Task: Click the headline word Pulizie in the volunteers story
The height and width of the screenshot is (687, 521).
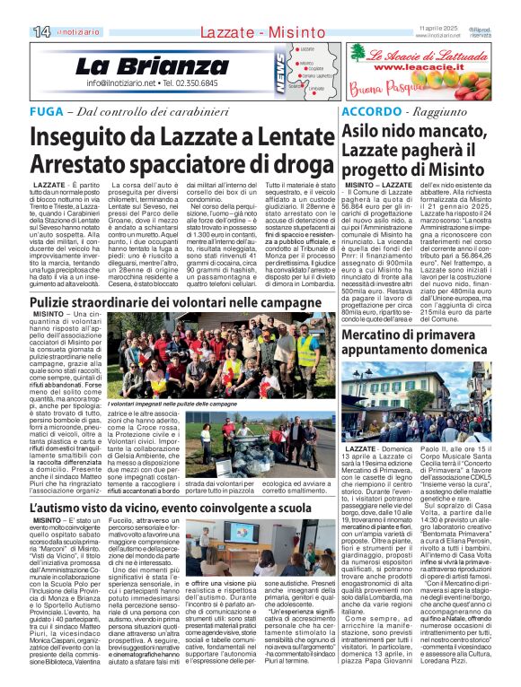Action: (56, 305)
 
